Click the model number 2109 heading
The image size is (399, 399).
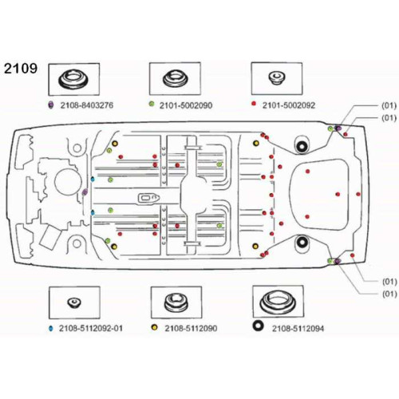click(x=21, y=69)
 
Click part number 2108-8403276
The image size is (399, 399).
click(x=87, y=105)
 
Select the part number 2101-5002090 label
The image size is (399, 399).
click(x=186, y=105)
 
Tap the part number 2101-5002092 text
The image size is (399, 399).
click(x=289, y=105)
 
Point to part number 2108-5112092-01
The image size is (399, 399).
click(x=91, y=328)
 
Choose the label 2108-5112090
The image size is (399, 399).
click(x=191, y=328)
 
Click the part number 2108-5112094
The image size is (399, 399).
click(x=298, y=329)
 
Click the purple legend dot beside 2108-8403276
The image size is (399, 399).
click(x=50, y=105)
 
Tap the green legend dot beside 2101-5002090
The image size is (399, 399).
click(x=152, y=104)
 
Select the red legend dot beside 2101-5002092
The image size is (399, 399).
click(x=254, y=104)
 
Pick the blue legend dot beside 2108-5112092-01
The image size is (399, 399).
click(x=51, y=329)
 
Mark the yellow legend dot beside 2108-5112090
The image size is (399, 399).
click(x=154, y=327)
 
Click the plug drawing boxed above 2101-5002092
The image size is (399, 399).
click(x=277, y=78)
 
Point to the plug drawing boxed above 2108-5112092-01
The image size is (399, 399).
click(x=74, y=302)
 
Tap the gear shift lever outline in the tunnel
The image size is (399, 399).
click(x=148, y=198)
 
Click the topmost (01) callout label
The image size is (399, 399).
click(x=389, y=105)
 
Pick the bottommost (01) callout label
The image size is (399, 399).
click(x=389, y=294)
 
